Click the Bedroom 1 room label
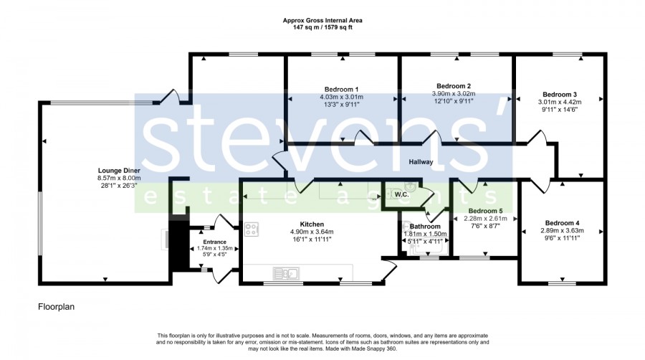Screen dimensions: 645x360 (x=341, y=89)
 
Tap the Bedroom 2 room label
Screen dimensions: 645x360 (x=454, y=86)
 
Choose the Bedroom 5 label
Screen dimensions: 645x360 (x=485, y=211)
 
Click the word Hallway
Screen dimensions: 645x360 (x=421, y=162)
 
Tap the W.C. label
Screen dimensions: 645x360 (x=401, y=194)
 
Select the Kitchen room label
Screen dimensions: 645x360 (x=312, y=224)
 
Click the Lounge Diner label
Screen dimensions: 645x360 (x=119, y=171)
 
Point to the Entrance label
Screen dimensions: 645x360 (x=214, y=242)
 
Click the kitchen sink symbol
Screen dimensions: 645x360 (x=286, y=273)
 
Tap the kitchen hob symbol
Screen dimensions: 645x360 (x=252, y=229)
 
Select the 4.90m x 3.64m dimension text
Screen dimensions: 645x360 (x=312, y=232)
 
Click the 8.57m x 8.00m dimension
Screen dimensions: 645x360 (x=119, y=178)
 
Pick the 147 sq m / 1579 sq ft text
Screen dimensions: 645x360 (x=322, y=27)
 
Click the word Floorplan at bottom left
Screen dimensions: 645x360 (x=57, y=307)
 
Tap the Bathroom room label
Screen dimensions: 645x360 (x=425, y=227)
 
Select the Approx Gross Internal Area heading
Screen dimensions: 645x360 (x=322, y=20)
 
